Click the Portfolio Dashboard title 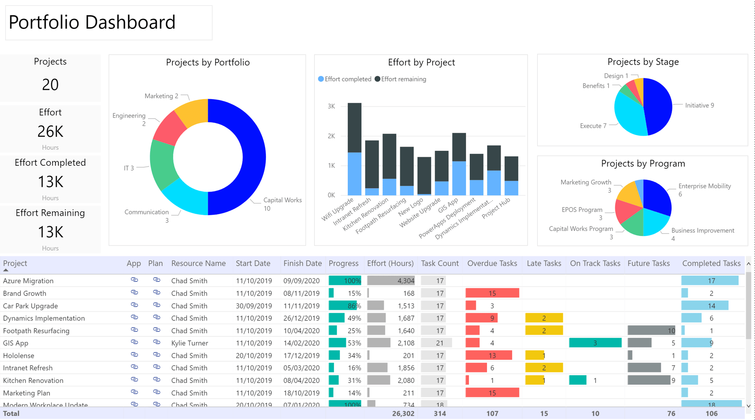(92, 22)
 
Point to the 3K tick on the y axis (331, 106)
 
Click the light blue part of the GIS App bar (459, 178)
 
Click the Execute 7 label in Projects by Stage (593, 126)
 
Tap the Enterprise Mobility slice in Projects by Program (656, 195)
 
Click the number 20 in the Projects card (50, 85)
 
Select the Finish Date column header (302, 263)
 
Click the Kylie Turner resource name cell (190, 343)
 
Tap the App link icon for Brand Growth (134, 292)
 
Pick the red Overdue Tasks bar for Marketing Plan (492, 393)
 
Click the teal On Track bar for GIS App (595, 343)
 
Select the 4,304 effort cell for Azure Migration (391, 281)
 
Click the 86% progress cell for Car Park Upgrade (345, 306)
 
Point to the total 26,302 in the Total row (403, 413)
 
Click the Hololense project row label (18, 355)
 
